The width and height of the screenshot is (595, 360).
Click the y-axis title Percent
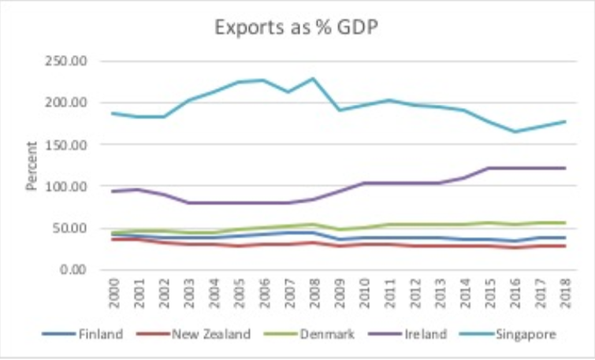click(x=32, y=166)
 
